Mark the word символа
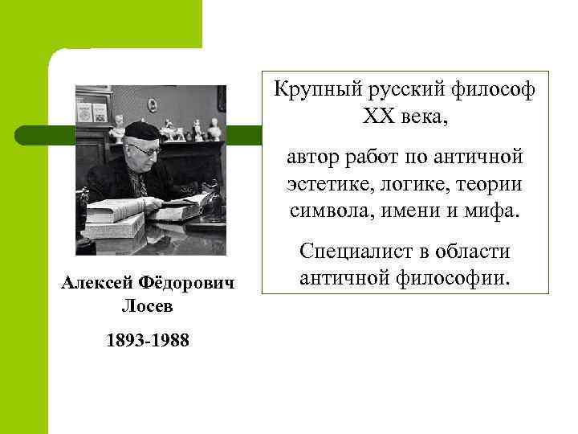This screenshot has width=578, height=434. point(330,212)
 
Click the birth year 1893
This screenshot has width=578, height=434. point(125,341)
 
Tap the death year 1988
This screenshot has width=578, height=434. point(171,341)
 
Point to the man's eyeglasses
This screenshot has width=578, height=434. point(148,148)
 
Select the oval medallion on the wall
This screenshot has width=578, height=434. point(152,104)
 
